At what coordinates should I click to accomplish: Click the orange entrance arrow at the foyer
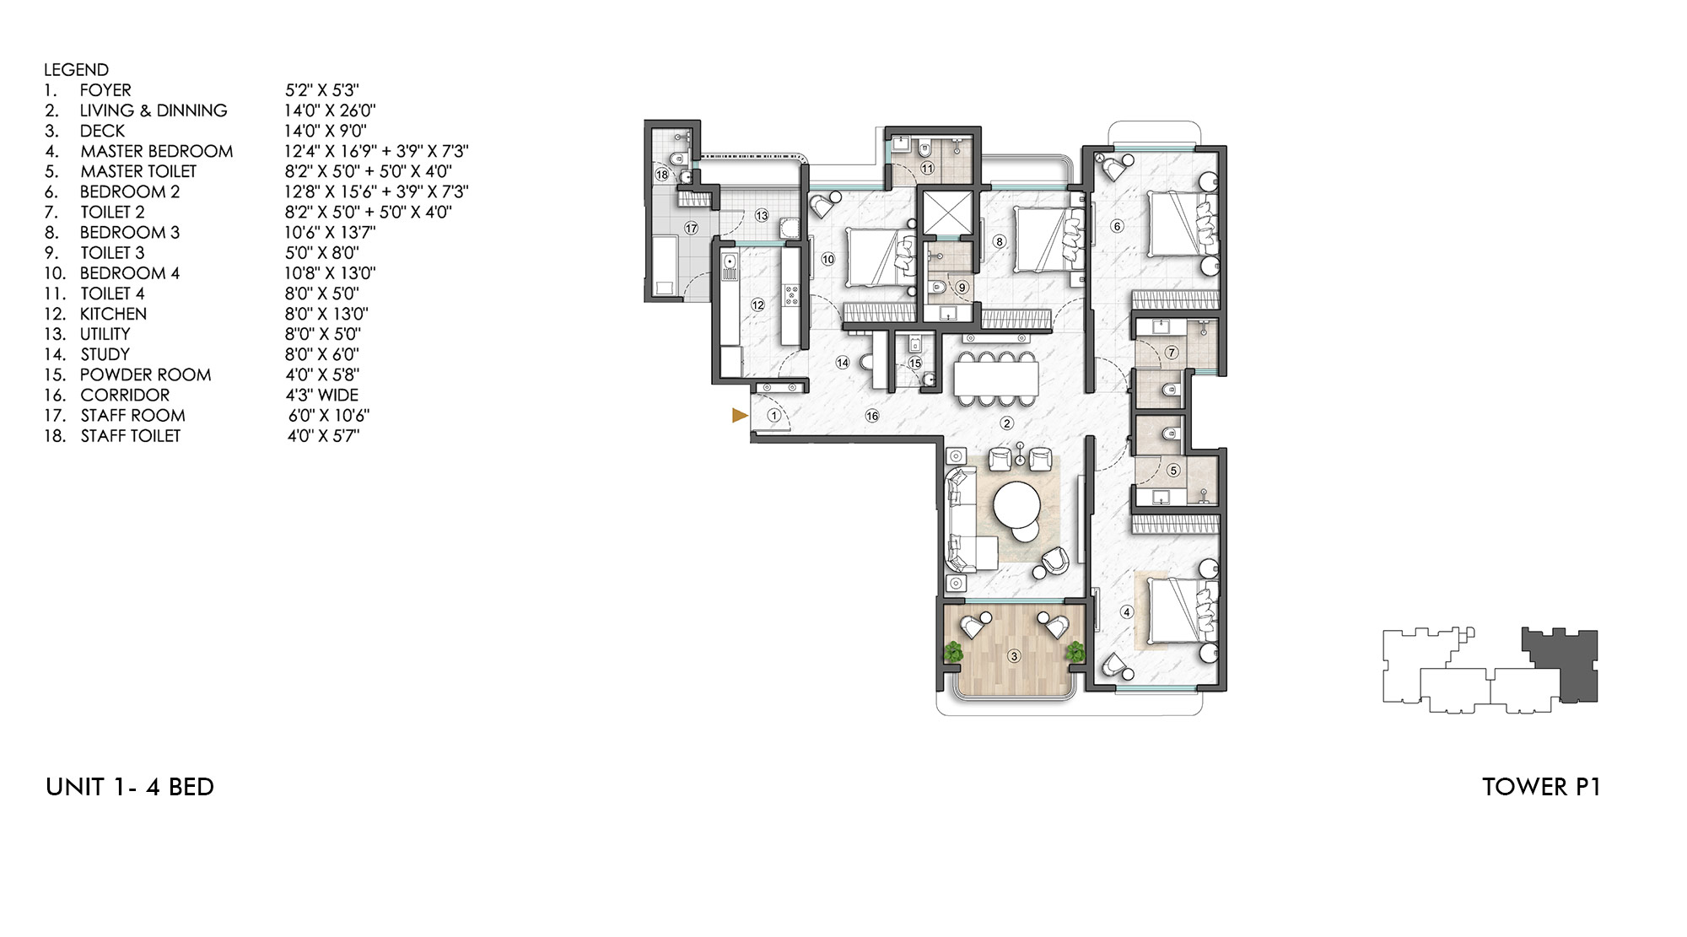coord(740,415)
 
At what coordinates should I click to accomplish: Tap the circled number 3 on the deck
coord(1014,655)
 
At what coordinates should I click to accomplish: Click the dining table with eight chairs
coord(996,378)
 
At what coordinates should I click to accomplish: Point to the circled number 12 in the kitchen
coord(757,305)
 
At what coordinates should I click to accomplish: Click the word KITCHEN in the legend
coord(113,314)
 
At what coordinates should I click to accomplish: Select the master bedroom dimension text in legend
coord(375,151)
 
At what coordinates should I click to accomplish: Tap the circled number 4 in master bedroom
coord(1127,612)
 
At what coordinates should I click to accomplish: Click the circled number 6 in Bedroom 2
coord(1118,225)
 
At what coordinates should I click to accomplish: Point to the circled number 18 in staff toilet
coord(662,175)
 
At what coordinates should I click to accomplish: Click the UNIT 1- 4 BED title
coord(130,787)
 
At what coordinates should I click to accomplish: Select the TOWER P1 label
coord(1540,787)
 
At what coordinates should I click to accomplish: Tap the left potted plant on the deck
coord(953,651)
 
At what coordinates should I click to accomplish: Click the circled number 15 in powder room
coord(915,363)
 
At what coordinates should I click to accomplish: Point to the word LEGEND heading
coord(76,70)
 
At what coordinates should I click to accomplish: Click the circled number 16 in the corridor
coord(872,415)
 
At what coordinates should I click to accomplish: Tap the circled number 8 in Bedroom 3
coord(1000,241)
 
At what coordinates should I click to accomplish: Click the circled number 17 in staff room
coord(691,228)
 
